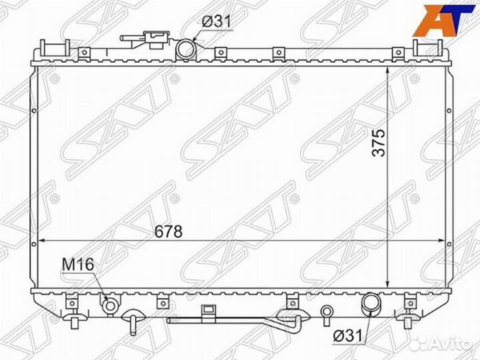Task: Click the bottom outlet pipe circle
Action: pos(370,304)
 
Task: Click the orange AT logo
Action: pos(443,19)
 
